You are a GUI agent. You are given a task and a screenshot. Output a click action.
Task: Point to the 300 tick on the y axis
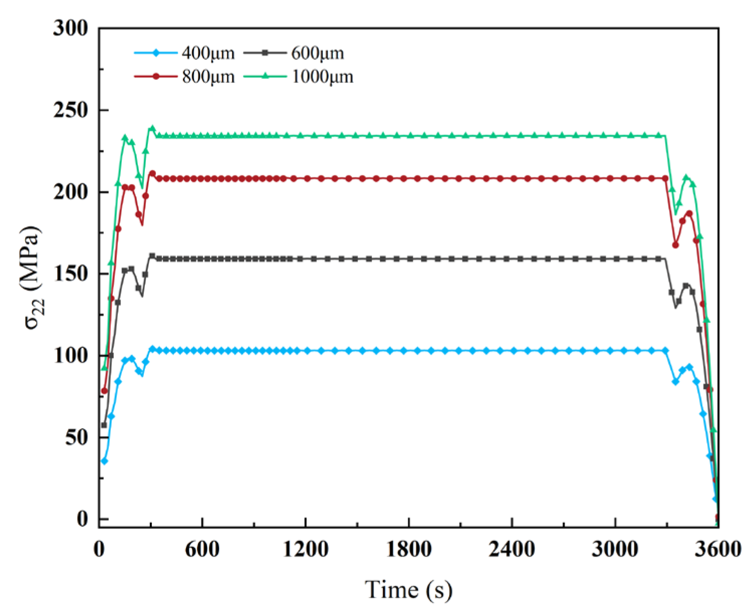click(x=70, y=28)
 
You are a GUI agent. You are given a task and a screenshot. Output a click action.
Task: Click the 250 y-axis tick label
click(x=70, y=110)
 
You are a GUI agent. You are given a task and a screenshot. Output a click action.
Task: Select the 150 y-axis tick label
click(x=70, y=274)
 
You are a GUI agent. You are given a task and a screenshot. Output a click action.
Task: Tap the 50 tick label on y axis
click(x=76, y=438)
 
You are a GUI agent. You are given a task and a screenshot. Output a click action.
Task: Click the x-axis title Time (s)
click(x=408, y=589)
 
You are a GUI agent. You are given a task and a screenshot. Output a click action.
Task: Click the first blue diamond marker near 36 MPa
click(x=105, y=461)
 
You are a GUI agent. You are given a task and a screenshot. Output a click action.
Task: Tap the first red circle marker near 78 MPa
click(x=105, y=391)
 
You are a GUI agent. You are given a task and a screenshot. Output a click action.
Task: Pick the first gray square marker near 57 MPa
click(x=104, y=426)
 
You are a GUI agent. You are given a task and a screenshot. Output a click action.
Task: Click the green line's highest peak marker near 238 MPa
click(x=152, y=129)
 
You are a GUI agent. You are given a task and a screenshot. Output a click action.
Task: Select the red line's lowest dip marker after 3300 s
click(x=676, y=245)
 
